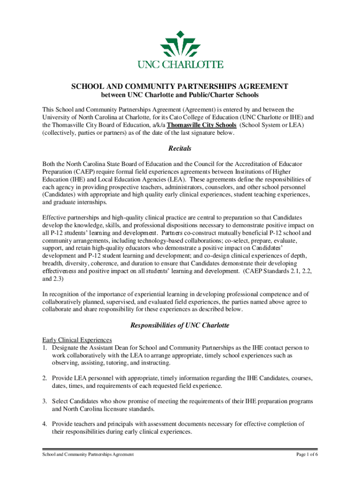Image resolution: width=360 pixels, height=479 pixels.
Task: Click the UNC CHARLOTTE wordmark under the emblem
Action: click(180, 65)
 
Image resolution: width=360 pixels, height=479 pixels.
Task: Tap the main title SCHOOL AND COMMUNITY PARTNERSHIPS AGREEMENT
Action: click(180, 87)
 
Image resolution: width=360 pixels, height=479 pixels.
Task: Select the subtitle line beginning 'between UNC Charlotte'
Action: click(180, 95)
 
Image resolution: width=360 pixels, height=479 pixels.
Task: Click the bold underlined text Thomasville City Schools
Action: click(202, 125)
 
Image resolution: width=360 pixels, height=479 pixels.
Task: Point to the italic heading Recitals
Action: click(180, 149)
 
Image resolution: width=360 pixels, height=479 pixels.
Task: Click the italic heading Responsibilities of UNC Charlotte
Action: click(180, 325)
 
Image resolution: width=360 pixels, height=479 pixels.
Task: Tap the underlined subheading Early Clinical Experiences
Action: click(77, 340)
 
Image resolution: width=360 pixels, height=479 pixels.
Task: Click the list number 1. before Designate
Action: click(45, 348)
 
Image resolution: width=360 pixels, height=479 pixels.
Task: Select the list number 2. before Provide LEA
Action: click(45, 378)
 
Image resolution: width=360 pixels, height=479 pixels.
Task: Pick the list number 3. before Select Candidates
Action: click(45, 401)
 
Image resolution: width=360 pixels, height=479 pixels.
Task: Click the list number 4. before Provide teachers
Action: click(45, 424)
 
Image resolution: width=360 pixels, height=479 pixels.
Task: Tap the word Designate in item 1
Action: click(67, 348)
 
